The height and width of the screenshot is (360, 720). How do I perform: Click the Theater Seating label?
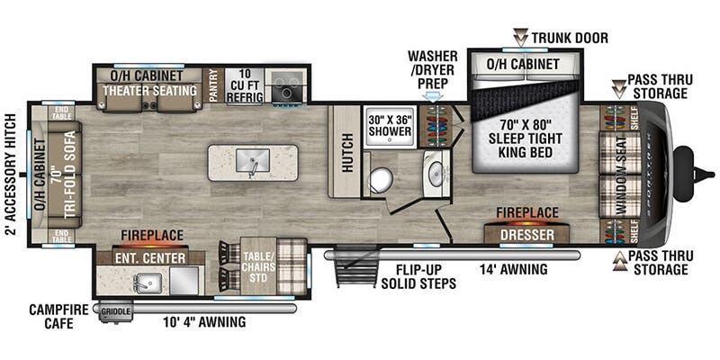click(x=149, y=91)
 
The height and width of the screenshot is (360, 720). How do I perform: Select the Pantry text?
click(x=214, y=84)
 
